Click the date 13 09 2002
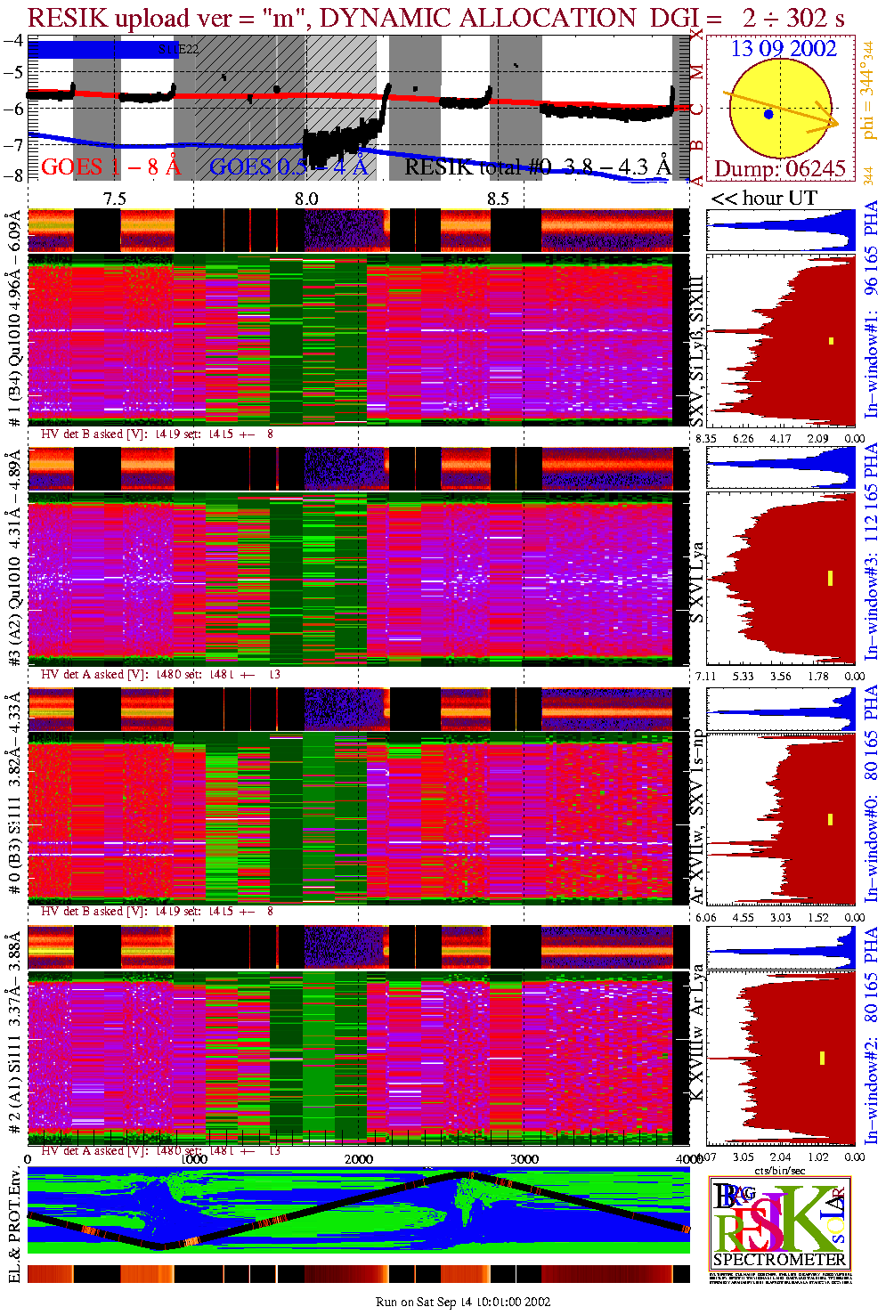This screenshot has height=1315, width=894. click(x=784, y=49)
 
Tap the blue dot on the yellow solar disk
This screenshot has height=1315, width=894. click(x=768, y=115)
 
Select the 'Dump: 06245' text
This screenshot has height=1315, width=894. click(x=780, y=169)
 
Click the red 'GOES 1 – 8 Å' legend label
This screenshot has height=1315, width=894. click(x=110, y=166)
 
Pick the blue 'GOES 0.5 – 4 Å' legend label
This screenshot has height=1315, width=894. click(x=288, y=166)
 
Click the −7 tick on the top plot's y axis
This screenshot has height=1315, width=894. click(x=13, y=143)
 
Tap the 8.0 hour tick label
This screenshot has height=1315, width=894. click(x=306, y=199)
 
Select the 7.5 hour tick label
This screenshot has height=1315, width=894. click(x=114, y=199)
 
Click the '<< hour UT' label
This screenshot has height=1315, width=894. click(x=763, y=199)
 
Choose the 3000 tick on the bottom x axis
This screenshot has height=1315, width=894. click(x=524, y=1158)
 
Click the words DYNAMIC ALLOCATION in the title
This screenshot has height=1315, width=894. click(x=477, y=18)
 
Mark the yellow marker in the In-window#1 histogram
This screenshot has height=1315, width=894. click(x=832, y=341)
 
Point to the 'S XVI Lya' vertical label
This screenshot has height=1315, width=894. click(x=698, y=582)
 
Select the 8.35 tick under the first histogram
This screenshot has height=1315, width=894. click(x=706, y=438)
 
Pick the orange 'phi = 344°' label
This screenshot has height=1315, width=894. click(x=868, y=98)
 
